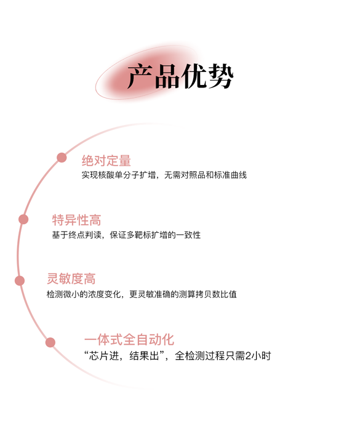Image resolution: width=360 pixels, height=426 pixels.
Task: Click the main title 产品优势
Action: [180, 76]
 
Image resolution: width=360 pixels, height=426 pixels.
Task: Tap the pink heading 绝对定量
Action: [106, 161]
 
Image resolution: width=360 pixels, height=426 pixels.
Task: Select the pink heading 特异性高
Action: [76, 220]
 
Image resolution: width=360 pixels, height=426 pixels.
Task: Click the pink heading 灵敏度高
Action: [71, 279]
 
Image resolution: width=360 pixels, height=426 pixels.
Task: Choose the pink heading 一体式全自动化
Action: [129, 340]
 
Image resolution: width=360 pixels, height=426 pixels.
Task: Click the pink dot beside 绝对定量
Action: [62, 158]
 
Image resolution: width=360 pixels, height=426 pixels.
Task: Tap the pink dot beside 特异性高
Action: [23, 219]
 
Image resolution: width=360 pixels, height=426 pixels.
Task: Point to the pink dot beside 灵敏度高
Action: [20, 281]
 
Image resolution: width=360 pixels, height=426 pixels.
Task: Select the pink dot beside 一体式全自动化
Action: [50, 342]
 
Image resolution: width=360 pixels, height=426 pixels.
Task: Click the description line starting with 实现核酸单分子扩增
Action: [164, 175]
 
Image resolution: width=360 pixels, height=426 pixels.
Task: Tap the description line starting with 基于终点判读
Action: [126, 235]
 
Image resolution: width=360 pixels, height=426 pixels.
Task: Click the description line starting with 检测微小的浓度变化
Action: [142, 294]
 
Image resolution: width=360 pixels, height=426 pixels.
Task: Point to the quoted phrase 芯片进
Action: [104, 356]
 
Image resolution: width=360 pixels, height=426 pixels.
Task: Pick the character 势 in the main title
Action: [221, 76]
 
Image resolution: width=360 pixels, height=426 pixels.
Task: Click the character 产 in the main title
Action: [140, 76]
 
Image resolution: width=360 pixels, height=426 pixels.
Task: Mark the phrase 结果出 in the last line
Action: [144, 356]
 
